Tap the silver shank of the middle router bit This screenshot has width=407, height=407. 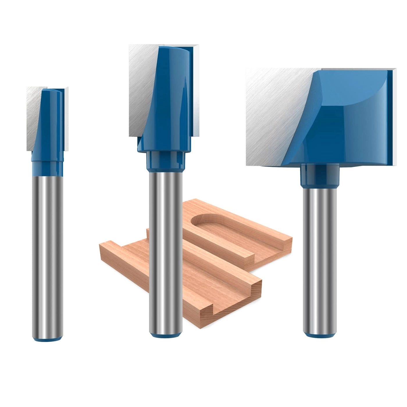pyautogui.click(x=166, y=233)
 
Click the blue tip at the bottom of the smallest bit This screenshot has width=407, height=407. pyautogui.click(x=47, y=338)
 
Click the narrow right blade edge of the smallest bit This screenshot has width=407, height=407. pyautogui.click(x=67, y=119)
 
